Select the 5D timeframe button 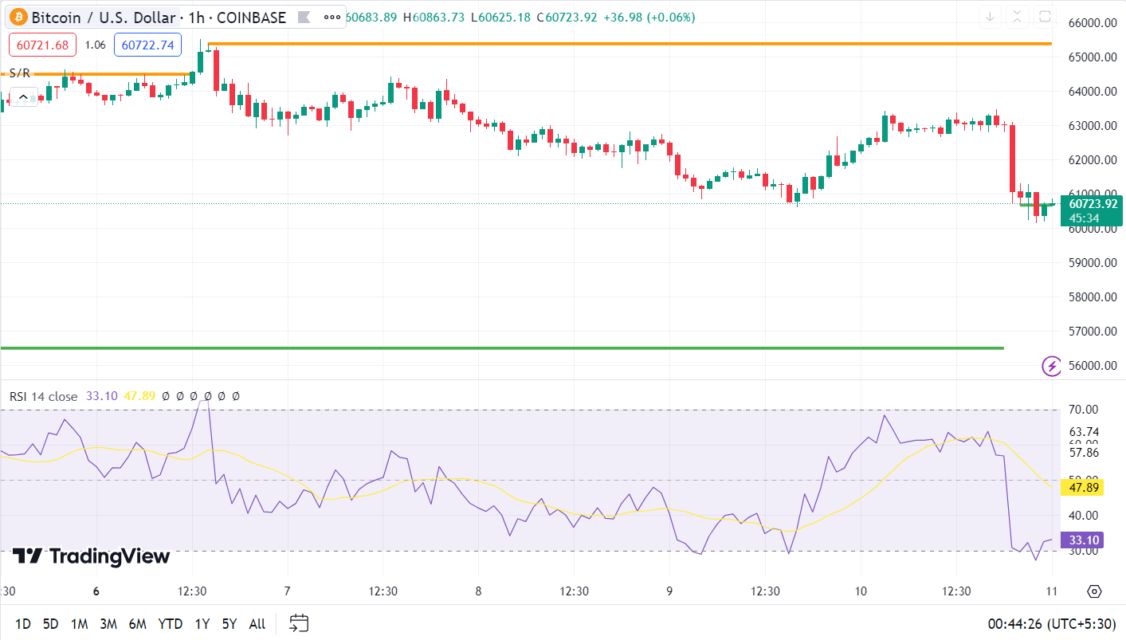click(x=50, y=624)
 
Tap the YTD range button click(x=170, y=624)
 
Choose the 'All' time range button click(x=257, y=624)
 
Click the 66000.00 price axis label click(x=1092, y=23)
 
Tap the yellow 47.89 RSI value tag click(x=1083, y=488)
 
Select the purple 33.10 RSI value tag click(x=1083, y=540)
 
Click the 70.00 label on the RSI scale click(x=1084, y=410)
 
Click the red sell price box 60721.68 click(x=42, y=45)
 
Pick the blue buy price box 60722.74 click(x=147, y=45)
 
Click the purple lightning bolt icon click(x=1052, y=366)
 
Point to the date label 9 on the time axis click(x=669, y=591)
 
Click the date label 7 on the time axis click(x=287, y=591)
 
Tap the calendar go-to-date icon click(x=299, y=623)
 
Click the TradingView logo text click(x=92, y=556)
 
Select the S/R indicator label click(x=20, y=73)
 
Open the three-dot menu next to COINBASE click(x=331, y=17)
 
